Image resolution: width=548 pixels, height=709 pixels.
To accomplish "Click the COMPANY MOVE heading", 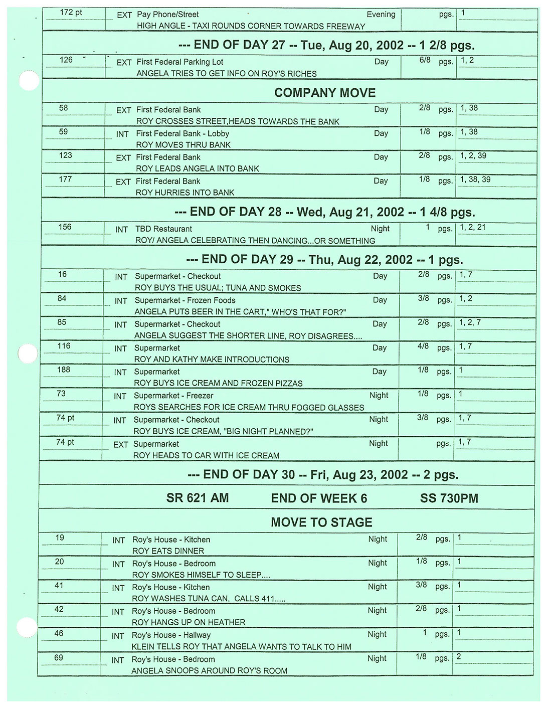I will pyautogui.click(x=324, y=93).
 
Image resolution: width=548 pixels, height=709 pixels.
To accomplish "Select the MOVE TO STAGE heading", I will pyautogui.click(x=321, y=522).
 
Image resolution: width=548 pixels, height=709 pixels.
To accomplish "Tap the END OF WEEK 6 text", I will pyautogui.click(x=319, y=498).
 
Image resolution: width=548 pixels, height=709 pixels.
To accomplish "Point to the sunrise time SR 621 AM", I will pyautogui.click(x=198, y=498).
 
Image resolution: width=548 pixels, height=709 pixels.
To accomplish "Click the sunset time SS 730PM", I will pyautogui.click(x=449, y=498).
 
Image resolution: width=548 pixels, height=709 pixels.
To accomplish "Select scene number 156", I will pyautogui.click(x=65, y=227).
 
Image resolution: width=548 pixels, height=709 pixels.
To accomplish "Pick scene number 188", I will pyautogui.click(x=64, y=370).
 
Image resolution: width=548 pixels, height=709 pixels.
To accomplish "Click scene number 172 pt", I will pyautogui.click(x=71, y=13).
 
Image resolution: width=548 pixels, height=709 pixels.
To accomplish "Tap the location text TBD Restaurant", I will pyautogui.click(x=163, y=229).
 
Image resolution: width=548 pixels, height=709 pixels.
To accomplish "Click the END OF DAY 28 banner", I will pyautogui.click(x=324, y=212).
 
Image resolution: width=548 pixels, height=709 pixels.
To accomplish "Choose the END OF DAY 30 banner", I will pyautogui.click(x=323, y=475).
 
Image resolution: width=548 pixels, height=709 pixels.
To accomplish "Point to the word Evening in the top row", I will pyautogui.click(x=381, y=15).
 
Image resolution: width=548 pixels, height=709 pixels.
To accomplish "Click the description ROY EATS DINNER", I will pyautogui.click(x=168, y=551).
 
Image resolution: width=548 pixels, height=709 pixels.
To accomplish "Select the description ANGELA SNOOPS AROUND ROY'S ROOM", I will pyautogui.click(x=209, y=671).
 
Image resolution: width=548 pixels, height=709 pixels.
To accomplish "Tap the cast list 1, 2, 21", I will pyautogui.click(x=472, y=228).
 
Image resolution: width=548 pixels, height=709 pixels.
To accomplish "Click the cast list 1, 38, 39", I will pyautogui.click(x=475, y=180).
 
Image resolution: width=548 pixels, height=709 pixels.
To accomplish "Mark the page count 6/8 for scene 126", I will pyautogui.click(x=425, y=60).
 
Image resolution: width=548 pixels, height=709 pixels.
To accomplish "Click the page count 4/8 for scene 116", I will pyautogui.click(x=423, y=346).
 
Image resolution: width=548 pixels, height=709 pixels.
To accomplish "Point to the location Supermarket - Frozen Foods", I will pyautogui.click(x=185, y=300).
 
